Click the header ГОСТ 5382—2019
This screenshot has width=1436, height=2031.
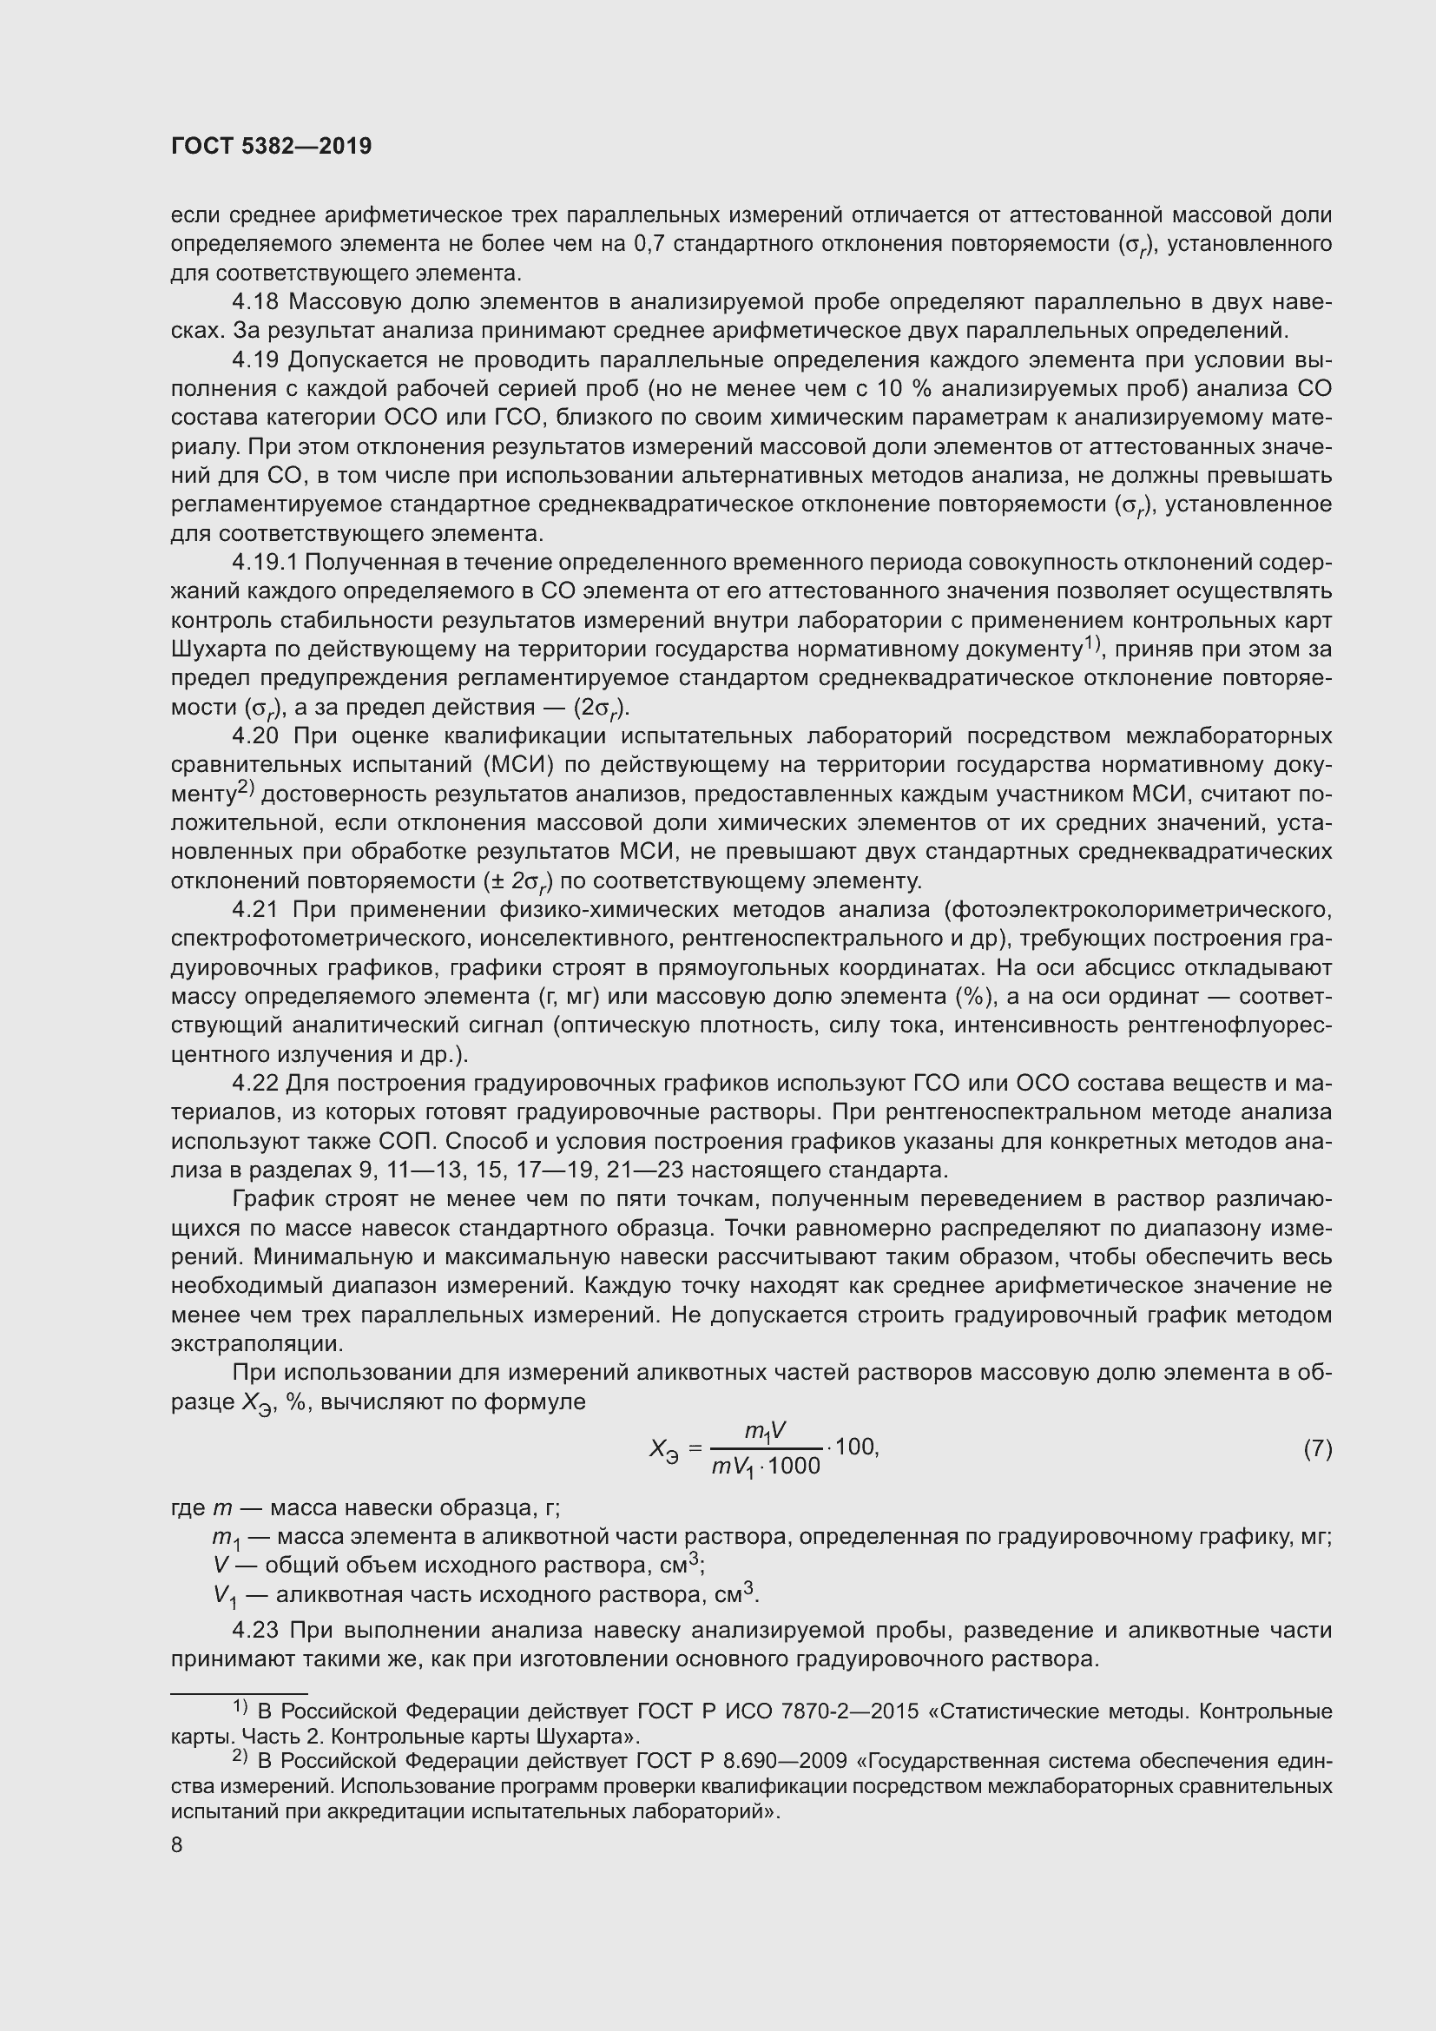pos(272,147)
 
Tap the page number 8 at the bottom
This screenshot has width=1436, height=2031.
pos(177,1844)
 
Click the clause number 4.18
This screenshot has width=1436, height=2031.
pos(255,302)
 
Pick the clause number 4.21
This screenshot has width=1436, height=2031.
pos(255,909)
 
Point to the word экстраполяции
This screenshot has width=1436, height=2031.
pos(255,1343)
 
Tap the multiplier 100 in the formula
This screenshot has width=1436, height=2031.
pos(854,1447)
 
